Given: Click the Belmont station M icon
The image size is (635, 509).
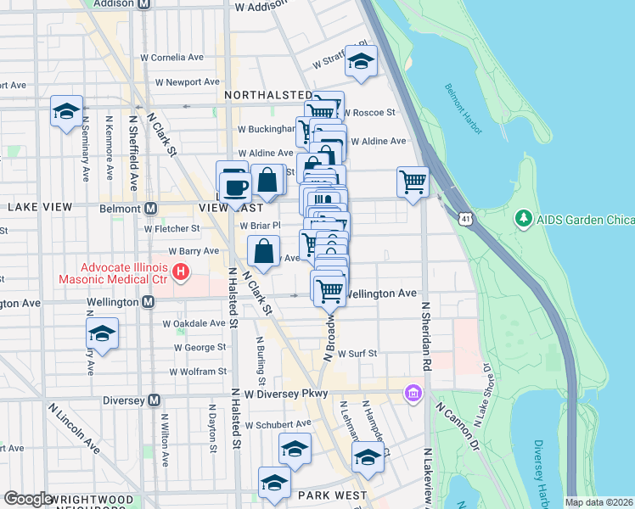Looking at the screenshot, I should click(x=150, y=208).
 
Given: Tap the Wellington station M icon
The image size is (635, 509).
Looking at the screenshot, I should click(x=148, y=302).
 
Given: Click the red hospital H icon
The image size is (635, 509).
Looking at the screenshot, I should click(x=180, y=272).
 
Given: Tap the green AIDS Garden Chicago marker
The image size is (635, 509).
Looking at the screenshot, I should click(x=522, y=219).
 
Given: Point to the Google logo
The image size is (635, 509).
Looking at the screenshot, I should click(x=28, y=499).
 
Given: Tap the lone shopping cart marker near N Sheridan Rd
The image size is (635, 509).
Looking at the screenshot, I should click(x=413, y=181).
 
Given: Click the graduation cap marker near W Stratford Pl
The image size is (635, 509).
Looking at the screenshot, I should click(x=361, y=61).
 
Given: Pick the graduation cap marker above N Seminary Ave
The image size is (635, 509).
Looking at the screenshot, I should click(x=66, y=111).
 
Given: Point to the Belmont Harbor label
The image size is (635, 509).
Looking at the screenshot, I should click(x=464, y=109).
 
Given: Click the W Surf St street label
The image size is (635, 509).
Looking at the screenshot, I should click(x=357, y=353).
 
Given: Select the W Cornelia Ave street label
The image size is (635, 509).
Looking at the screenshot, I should click(x=172, y=58).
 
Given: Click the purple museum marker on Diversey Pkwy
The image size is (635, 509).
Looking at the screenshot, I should click(x=413, y=394).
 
